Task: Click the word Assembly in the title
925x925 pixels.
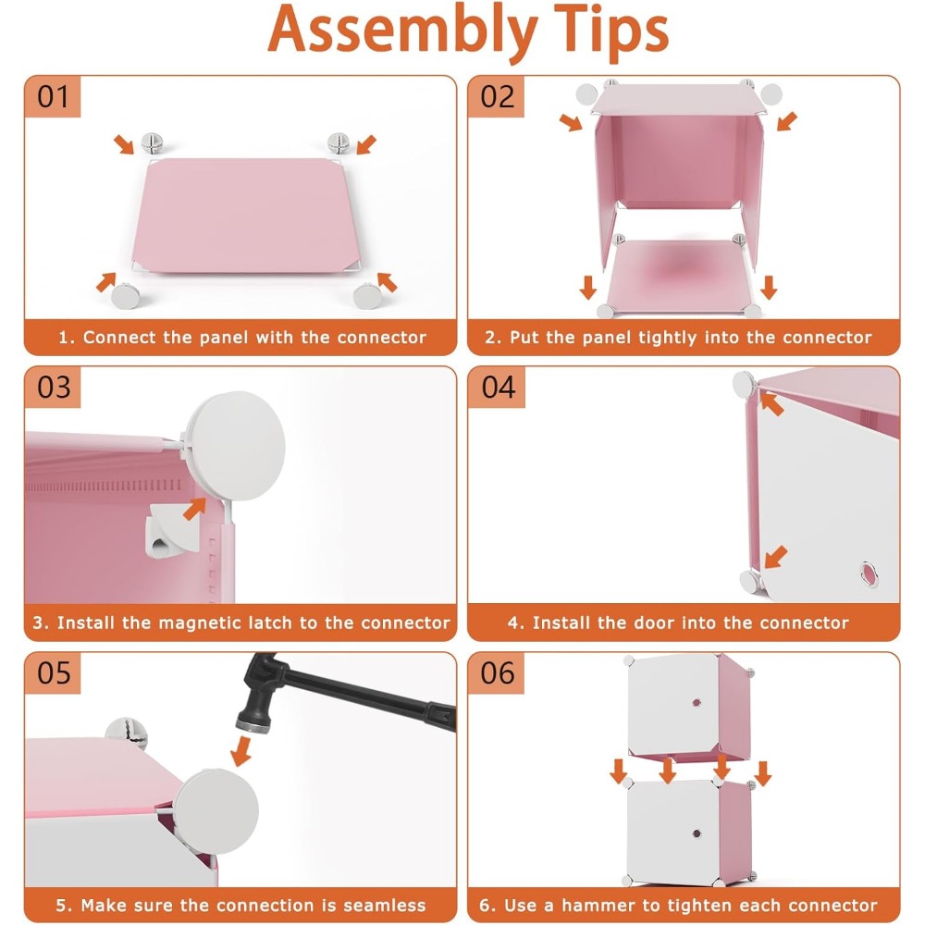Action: pyautogui.click(x=402, y=31)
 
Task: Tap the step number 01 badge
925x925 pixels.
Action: pyautogui.click(x=53, y=97)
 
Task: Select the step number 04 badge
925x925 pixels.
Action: pyautogui.click(x=498, y=387)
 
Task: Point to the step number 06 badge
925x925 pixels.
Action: pyautogui.click(x=497, y=673)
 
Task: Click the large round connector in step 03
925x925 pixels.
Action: pyautogui.click(x=236, y=447)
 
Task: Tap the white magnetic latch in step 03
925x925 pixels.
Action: pyautogui.click(x=174, y=529)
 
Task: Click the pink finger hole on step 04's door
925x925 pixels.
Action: pyautogui.click(x=869, y=574)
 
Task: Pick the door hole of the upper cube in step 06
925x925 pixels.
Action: pyautogui.click(x=697, y=703)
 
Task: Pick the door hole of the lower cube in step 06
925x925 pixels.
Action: pyautogui.click(x=697, y=833)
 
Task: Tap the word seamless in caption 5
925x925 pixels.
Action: pyautogui.click(x=384, y=906)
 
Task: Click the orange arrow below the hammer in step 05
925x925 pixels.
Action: pyautogui.click(x=241, y=751)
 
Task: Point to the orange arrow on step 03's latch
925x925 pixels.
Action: pyautogui.click(x=194, y=509)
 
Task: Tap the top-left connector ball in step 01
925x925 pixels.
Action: pyautogui.click(x=152, y=142)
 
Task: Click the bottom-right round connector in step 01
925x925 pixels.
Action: pyautogui.click(x=367, y=296)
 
